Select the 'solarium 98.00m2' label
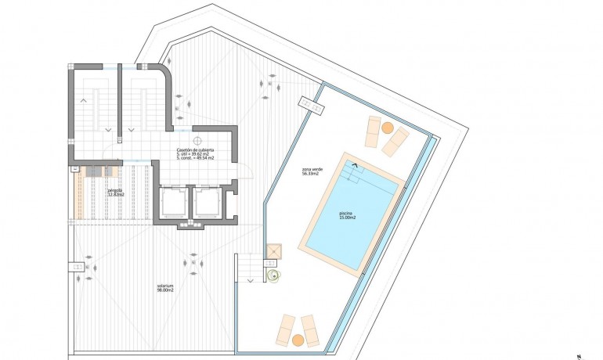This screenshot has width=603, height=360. [165, 290]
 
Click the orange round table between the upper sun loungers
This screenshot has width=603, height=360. [387, 128]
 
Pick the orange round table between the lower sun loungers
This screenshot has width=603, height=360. [298, 339]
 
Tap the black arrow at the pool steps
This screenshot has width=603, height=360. [355, 165]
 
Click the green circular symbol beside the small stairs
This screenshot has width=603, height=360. [273, 275]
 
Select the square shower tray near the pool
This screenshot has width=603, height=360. [273, 250]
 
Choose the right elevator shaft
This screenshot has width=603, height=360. [208, 203]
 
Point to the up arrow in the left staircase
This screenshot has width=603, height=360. [84, 100]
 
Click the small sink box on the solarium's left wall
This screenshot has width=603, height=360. [77, 266]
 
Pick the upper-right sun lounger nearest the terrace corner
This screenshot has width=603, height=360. [396, 139]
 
